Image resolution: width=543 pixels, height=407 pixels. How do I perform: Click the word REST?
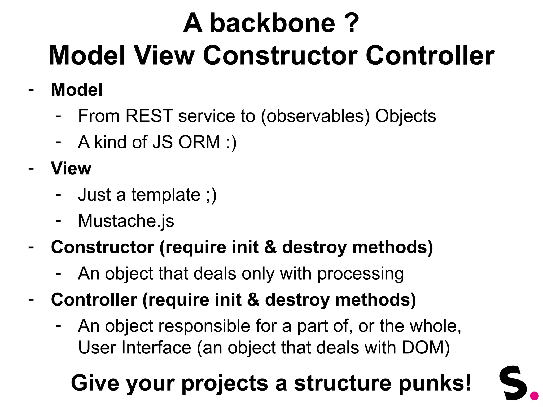click(149, 116)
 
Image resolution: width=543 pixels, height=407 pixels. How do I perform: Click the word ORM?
click(199, 142)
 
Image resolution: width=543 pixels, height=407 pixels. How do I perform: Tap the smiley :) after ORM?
click(231, 143)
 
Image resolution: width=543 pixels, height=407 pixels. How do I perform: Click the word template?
click(166, 195)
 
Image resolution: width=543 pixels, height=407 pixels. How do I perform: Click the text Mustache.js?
click(126, 221)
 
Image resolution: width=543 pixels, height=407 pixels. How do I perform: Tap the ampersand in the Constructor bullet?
click(270, 247)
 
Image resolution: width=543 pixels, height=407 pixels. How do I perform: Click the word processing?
click(361, 273)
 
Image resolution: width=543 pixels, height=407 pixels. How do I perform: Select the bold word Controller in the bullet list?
click(94, 300)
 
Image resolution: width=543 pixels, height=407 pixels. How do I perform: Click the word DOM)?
click(426, 347)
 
